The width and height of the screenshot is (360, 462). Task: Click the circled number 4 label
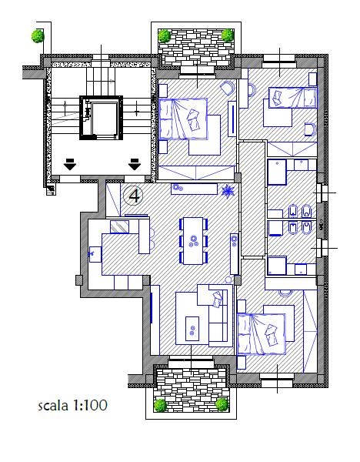click(x=133, y=196)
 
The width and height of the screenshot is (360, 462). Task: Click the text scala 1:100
click(x=73, y=406)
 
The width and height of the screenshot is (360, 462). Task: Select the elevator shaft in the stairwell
click(x=101, y=118)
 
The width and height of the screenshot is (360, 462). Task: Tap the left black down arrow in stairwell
click(x=70, y=164)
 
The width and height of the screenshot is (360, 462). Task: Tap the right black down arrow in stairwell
click(x=135, y=164)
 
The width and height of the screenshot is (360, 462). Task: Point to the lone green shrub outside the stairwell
click(x=38, y=36)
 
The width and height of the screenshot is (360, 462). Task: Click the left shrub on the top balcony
click(x=165, y=35)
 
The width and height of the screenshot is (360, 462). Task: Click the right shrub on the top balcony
click(x=228, y=35)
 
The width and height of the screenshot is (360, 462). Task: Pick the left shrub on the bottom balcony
click(x=161, y=405)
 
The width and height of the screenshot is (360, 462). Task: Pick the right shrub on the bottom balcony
click(x=222, y=404)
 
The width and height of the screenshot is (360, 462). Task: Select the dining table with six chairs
click(x=193, y=241)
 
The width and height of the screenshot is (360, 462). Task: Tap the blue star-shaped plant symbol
click(x=228, y=190)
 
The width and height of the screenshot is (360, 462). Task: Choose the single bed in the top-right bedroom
click(x=293, y=98)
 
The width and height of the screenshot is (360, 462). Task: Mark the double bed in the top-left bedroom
click(x=183, y=119)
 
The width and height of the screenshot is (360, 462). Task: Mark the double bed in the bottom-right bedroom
click(x=262, y=334)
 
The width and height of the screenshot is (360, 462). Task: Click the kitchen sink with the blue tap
click(x=95, y=254)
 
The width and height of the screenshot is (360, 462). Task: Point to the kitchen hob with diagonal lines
click(x=119, y=227)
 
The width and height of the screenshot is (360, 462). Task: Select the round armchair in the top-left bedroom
click(x=228, y=88)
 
